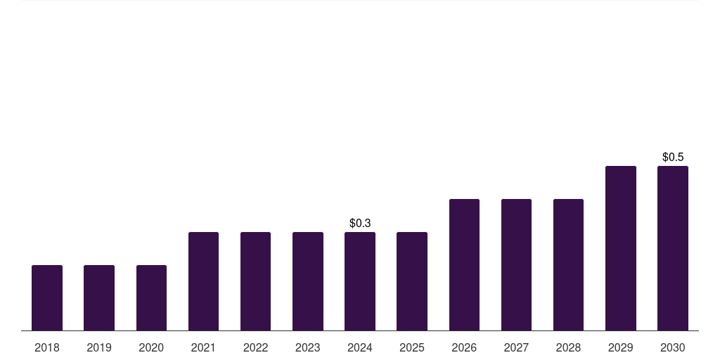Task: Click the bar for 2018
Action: point(47,297)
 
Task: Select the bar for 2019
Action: point(99,297)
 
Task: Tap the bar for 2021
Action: point(203,281)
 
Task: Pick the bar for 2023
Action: point(308,281)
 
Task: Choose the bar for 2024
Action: point(360,281)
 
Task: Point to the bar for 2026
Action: point(464,264)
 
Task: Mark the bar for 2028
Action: point(568,264)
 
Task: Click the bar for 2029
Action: point(621,248)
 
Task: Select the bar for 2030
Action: point(673,248)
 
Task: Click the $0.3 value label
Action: point(360,223)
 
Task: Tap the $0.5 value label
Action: point(673,157)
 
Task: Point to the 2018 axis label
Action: point(47,347)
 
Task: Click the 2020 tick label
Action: point(151,347)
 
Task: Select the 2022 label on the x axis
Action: point(256,347)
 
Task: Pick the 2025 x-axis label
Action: point(412,347)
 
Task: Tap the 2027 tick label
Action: point(516,347)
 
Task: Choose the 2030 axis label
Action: point(673,347)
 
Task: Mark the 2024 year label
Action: point(360,347)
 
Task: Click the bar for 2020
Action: point(151,297)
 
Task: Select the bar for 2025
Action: point(412,281)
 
